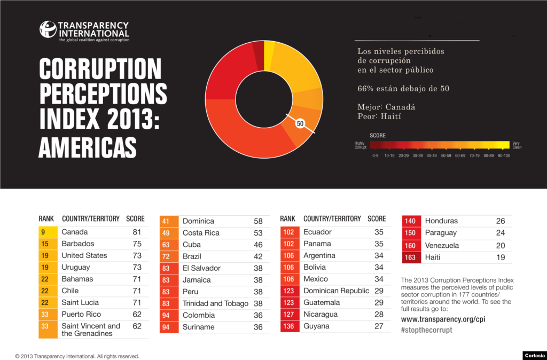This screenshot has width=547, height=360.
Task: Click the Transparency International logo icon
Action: pyautogui.click(x=48, y=29)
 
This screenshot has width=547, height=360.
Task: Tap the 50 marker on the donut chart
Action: pyautogui.click(x=300, y=123)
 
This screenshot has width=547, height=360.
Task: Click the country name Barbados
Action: pyautogui.click(x=78, y=244)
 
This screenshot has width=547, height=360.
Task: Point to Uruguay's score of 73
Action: pyautogui.click(x=137, y=267)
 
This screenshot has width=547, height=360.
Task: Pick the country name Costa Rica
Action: pyautogui.click(x=201, y=233)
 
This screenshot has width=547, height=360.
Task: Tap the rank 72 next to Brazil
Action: pyautogui.click(x=166, y=256)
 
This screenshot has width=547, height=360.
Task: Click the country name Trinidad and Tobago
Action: pyautogui.click(x=215, y=303)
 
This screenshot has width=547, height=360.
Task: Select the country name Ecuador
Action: pyautogui.click(x=317, y=232)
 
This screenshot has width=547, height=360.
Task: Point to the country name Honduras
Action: pyautogui.click(x=441, y=221)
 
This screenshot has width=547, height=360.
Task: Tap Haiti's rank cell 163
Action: pyautogui.click(x=410, y=257)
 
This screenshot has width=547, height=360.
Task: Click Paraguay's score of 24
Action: pyautogui.click(x=501, y=233)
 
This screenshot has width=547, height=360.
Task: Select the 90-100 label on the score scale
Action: pyautogui.click(x=504, y=155)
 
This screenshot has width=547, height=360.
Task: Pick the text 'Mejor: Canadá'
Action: pyautogui.click(x=386, y=107)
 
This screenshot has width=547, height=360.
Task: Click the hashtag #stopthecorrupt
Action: pyautogui.click(x=426, y=330)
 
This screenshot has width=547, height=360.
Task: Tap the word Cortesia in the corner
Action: pyautogui.click(x=535, y=355)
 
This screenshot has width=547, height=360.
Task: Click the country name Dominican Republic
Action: pyautogui.click(x=336, y=291)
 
